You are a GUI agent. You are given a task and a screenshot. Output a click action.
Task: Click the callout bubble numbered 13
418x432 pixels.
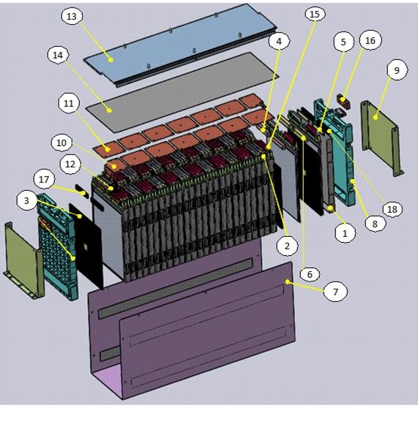(71, 16)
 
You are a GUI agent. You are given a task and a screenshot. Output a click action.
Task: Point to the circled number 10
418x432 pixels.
(62, 140)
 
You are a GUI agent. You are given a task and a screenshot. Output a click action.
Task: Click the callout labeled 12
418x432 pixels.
(70, 166)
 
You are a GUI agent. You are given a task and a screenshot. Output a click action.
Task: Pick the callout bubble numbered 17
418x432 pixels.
(45, 178)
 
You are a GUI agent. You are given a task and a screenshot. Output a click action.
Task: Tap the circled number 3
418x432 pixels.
(27, 200)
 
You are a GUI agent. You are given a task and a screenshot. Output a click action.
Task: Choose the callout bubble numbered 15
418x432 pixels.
(315, 15)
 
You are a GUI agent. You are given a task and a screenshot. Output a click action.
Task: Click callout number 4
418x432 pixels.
(279, 42)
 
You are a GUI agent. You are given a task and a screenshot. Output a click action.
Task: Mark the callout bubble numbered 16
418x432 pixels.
(370, 41)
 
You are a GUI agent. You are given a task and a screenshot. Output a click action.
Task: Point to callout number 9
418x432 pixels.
(396, 71)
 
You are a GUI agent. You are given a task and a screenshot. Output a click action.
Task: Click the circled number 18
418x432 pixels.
(392, 210)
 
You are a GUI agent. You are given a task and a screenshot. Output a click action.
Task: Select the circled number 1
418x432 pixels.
(341, 233)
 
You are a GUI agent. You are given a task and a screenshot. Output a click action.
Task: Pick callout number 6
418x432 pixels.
(309, 274)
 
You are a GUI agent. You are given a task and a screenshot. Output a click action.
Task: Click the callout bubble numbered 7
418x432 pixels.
(335, 292)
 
